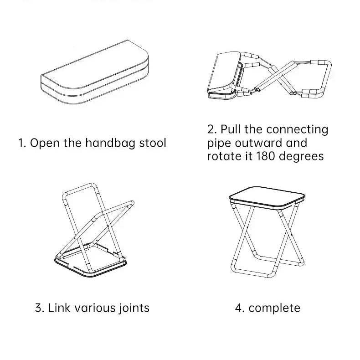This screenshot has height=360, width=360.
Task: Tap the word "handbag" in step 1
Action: (105, 143)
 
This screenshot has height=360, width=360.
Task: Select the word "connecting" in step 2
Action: (297, 130)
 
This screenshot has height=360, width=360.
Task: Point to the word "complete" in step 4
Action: (275, 308)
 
